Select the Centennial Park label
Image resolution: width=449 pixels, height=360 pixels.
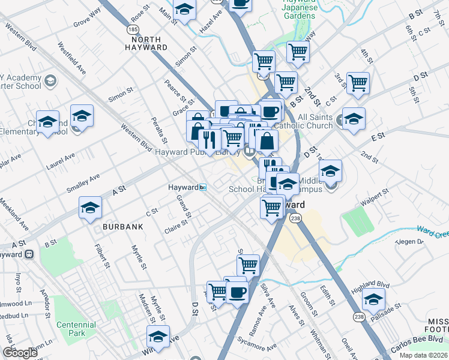click(76, 329)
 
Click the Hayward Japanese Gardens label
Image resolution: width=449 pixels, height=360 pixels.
click(298, 10)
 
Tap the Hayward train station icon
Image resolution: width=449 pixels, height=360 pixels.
click(203, 188)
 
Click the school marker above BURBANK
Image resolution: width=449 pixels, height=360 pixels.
click(90, 208)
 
